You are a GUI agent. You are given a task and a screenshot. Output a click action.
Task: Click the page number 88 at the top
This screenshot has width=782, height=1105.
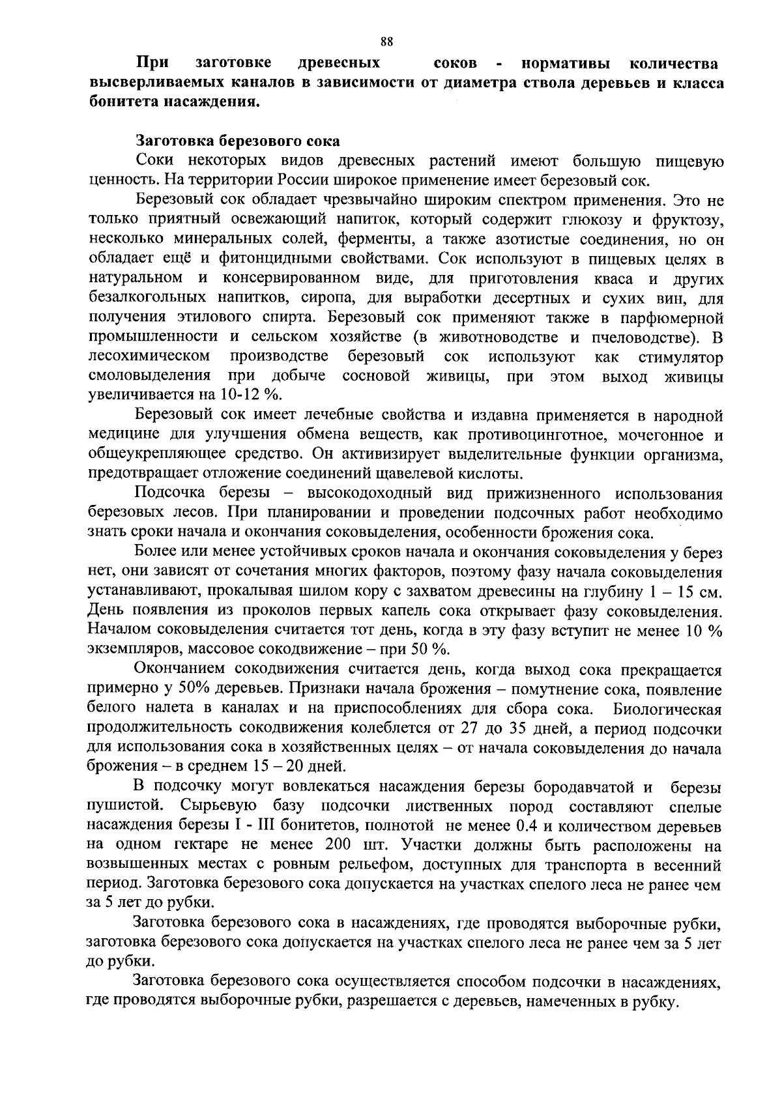[386, 42]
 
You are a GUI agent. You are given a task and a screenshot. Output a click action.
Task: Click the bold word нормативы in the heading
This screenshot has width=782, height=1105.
[566, 64]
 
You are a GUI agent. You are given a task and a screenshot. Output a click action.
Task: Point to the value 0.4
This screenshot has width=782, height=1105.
[527, 826]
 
